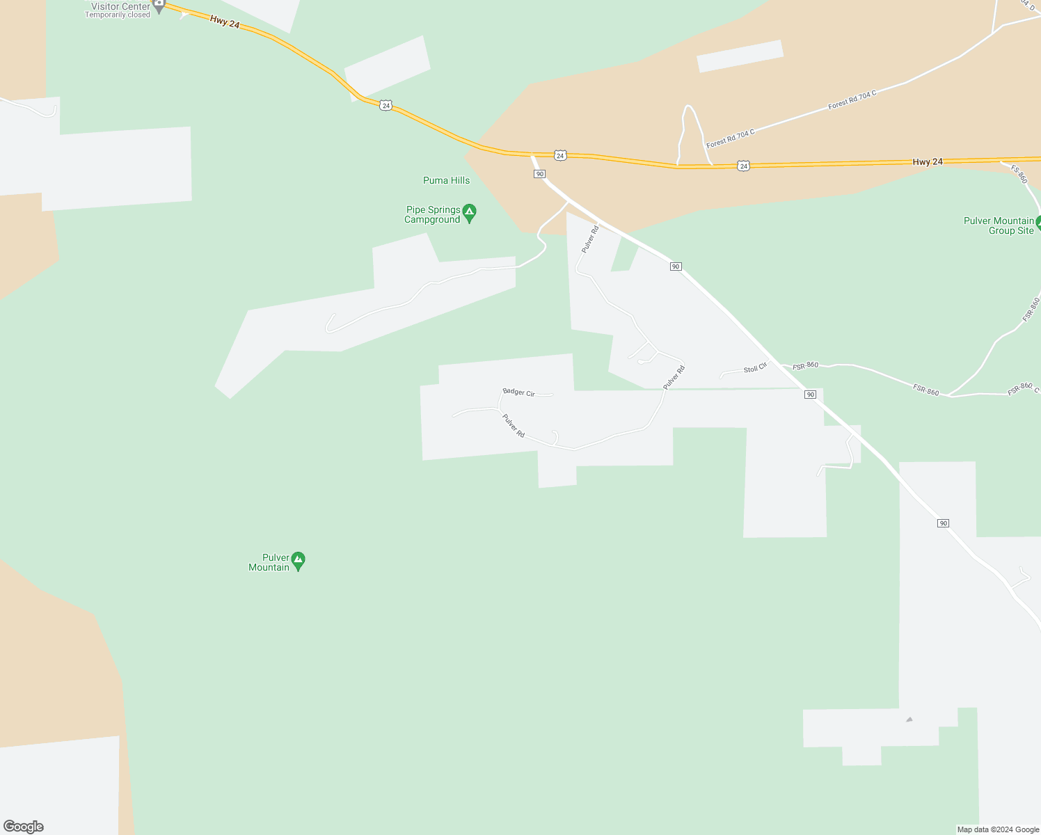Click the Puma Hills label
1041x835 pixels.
[x=446, y=180]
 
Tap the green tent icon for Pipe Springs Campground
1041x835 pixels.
[x=470, y=212]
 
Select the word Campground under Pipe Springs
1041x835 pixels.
[x=432, y=220]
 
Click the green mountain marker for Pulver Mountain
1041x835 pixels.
[x=298, y=559]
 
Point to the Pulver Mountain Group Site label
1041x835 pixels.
[x=999, y=225]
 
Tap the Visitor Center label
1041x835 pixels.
[x=120, y=6]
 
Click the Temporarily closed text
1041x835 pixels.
[x=118, y=15]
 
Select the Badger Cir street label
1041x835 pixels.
[x=518, y=392]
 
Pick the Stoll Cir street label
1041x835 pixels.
[x=755, y=368]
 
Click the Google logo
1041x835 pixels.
[x=23, y=827]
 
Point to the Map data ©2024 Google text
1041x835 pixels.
[x=998, y=829]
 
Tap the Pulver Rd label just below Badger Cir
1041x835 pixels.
[x=514, y=426]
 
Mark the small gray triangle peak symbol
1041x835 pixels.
[x=909, y=719]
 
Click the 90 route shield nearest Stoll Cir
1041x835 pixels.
[x=810, y=395]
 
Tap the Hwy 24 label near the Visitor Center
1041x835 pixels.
[x=225, y=23]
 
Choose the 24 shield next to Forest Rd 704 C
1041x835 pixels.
[x=743, y=166]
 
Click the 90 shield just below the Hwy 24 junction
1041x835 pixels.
[x=539, y=173]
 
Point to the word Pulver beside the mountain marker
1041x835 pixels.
[x=276, y=557]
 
